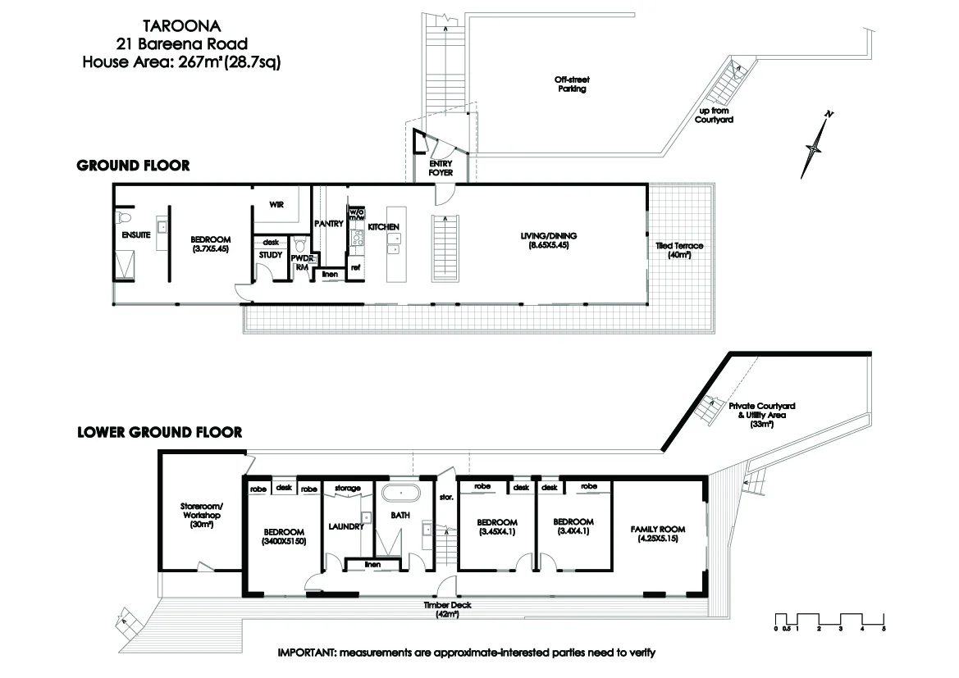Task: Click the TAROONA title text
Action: pyautogui.click(x=180, y=26)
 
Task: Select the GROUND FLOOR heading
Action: pyautogui.click(x=133, y=166)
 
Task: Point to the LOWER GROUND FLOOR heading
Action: pyautogui.click(x=159, y=432)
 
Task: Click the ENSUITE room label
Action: pyautogui.click(x=136, y=235)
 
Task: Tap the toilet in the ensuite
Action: pyautogui.click(x=124, y=218)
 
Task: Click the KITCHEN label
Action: pyautogui.click(x=383, y=226)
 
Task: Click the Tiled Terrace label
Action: pyautogui.click(x=678, y=250)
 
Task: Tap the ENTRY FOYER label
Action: pyautogui.click(x=441, y=168)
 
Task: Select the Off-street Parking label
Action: pyautogui.click(x=571, y=84)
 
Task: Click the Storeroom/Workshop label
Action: pyautogui.click(x=201, y=515)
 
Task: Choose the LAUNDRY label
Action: pyautogui.click(x=345, y=526)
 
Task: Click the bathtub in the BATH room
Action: pyautogui.click(x=399, y=494)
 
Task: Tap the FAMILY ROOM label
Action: pyautogui.click(x=657, y=533)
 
